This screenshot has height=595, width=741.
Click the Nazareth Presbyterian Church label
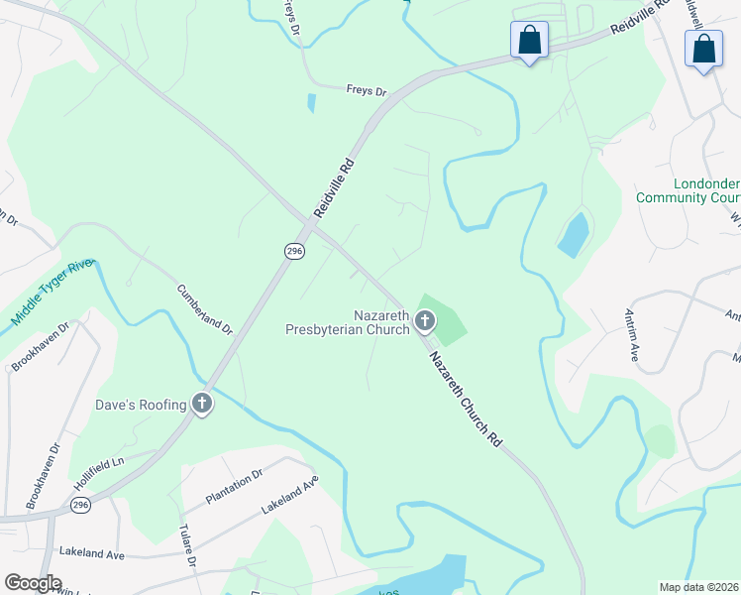click(346, 321)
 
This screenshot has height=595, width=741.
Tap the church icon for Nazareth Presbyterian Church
click(425, 320)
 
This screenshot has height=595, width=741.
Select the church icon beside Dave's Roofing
click(202, 404)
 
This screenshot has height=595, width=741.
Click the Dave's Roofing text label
click(140, 405)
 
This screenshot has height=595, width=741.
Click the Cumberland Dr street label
click(204, 309)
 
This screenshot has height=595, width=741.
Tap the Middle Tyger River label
click(52, 294)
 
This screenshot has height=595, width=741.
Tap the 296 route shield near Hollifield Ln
click(80, 506)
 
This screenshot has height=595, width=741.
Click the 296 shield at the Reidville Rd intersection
click(293, 252)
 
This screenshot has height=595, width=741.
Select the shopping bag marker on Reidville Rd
click(529, 41)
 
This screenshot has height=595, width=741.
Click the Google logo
click(33, 583)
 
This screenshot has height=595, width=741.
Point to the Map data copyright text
click(698, 587)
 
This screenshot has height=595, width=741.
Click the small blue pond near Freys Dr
click(312, 101)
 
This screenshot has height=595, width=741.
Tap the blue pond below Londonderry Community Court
click(574, 235)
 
